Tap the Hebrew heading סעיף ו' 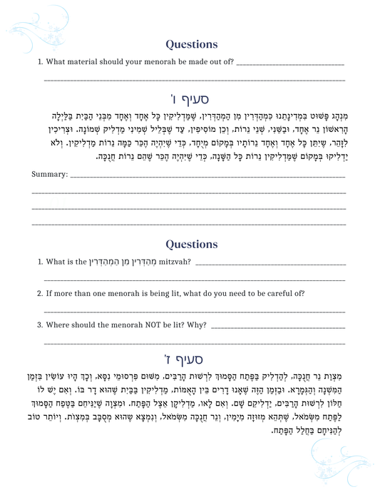point(190,91)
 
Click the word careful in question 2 point(283,293)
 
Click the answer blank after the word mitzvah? point(269,264)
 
